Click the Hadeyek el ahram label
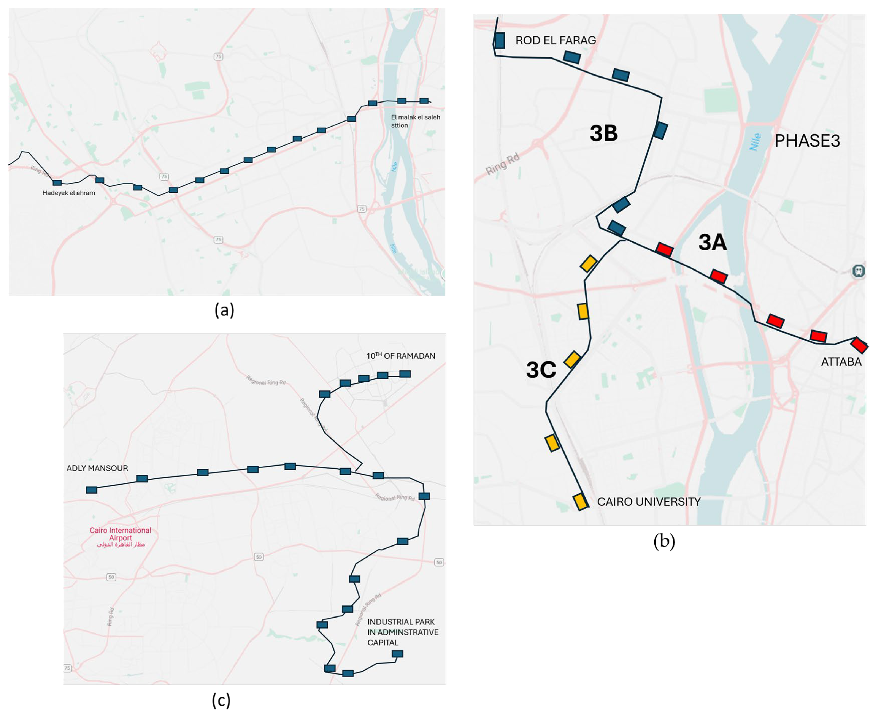click(x=68, y=193)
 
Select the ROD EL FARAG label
click(x=555, y=40)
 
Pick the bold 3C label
click(x=541, y=369)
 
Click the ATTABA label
click(x=841, y=362)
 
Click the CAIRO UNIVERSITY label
click(x=649, y=502)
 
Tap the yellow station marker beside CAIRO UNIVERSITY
click(x=580, y=502)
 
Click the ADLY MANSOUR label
click(x=97, y=468)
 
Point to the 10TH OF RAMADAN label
click(x=401, y=356)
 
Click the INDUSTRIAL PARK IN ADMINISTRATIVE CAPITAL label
click(x=402, y=632)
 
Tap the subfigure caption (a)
click(x=224, y=310)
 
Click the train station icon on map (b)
click(x=859, y=271)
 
